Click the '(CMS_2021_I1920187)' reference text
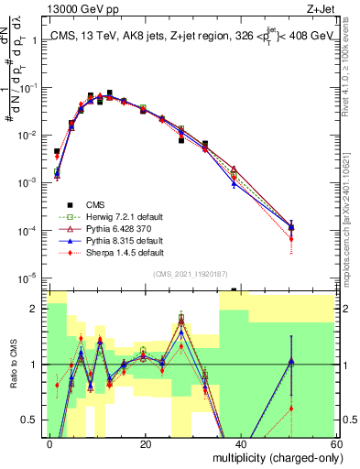coord(191,274)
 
